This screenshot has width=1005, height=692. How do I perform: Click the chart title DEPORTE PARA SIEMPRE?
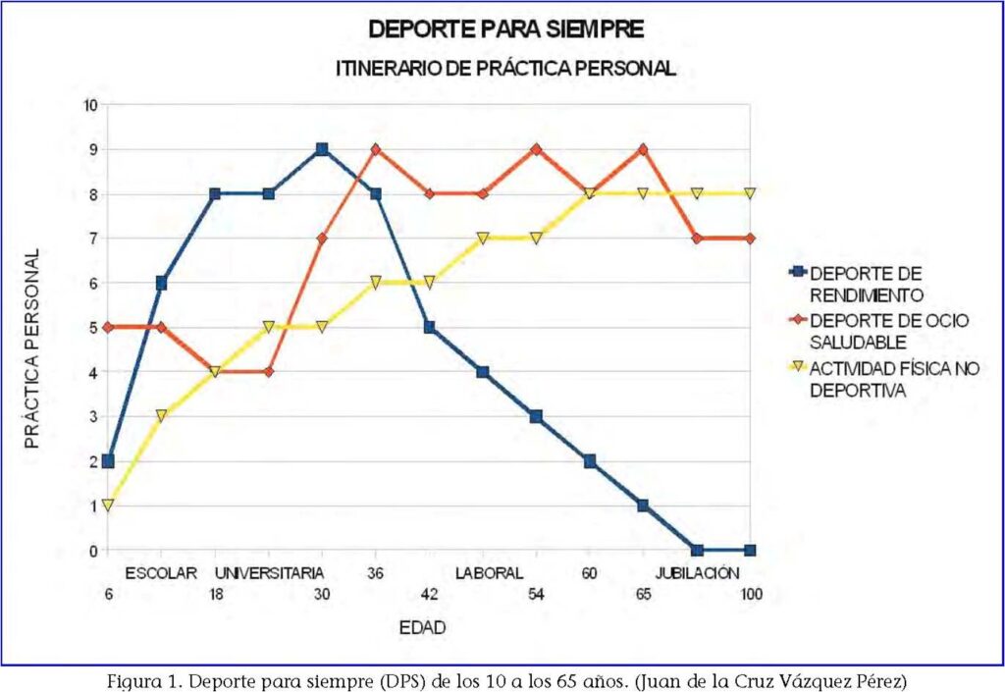[x=505, y=29]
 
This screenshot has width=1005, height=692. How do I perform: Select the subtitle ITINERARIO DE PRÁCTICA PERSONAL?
[x=505, y=69]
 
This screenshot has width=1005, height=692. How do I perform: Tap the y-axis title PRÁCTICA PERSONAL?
[x=33, y=348]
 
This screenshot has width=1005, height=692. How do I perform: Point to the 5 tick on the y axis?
[x=93, y=328]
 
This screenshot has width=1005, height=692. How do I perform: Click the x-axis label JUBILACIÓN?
[x=696, y=573]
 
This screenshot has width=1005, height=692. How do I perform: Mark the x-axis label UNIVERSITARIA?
[x=269, y=573]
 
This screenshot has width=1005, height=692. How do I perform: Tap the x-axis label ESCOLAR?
[x=162, y=573]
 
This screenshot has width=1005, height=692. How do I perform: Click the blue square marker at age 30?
[x=322, y=149]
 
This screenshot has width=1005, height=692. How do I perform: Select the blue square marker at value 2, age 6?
[x=108, y=461]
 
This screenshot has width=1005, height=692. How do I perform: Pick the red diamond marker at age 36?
[x=376, y=149]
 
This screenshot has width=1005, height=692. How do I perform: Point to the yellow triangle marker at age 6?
[x=108, y=506]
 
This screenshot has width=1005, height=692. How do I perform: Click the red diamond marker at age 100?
[x=751, y=239]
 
